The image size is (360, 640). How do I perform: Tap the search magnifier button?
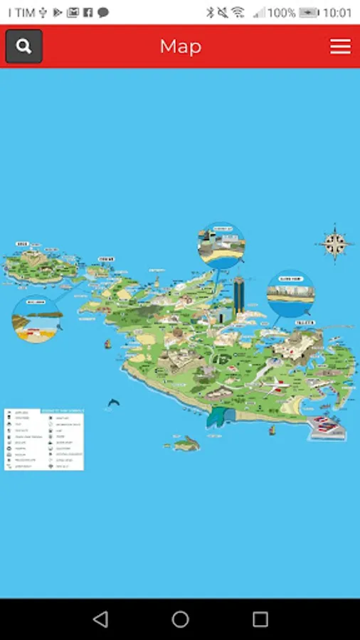24,46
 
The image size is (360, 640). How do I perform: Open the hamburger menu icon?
340,46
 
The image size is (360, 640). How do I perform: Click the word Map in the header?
180,46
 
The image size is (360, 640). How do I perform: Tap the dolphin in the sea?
113,404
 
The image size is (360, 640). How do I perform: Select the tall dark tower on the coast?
239,299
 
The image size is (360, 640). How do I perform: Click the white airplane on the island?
270,384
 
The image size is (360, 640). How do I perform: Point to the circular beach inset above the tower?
221,245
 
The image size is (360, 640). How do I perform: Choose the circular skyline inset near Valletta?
290,294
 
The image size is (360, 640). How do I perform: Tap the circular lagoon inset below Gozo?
37,319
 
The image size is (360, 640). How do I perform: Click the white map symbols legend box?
44,439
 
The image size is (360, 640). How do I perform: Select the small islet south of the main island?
184,444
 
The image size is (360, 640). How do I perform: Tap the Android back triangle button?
100,619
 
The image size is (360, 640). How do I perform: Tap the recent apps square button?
260,619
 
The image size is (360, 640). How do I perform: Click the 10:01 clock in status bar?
337,12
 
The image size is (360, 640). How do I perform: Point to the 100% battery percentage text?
282,12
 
